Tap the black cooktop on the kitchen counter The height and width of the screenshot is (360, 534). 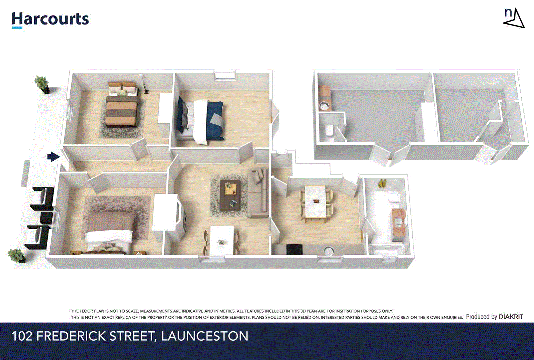click(293, 249)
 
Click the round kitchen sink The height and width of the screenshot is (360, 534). click(329, 251)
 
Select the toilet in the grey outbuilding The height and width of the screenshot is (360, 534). click(329, 130)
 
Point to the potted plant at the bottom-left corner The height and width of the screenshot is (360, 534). click(16, 256)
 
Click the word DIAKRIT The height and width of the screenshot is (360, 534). click(511, 317)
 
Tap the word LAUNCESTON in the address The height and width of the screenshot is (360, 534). click(205, 336)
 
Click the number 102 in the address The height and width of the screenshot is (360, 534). click(22, 336)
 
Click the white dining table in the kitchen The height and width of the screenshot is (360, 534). click(315, 202)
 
